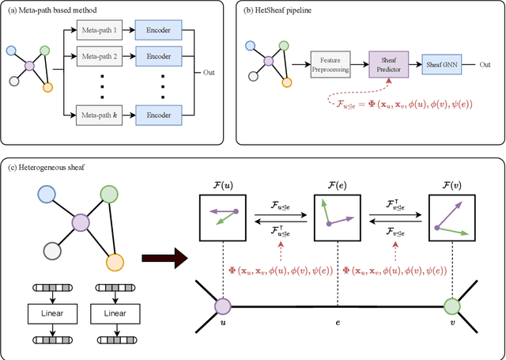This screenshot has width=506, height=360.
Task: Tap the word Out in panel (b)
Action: (485, 64)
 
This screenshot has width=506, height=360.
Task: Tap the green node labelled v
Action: (452, 305)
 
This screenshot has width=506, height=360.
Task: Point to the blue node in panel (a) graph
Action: (10, 50)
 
